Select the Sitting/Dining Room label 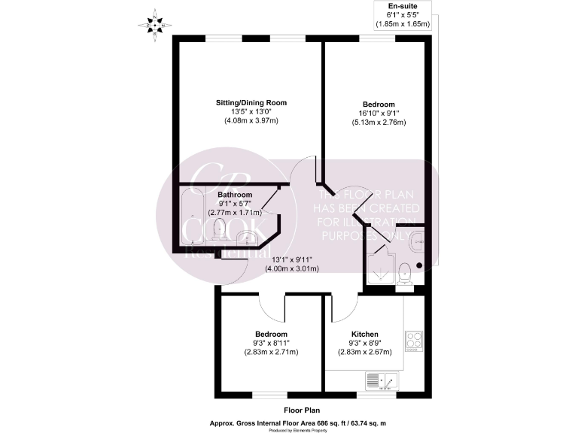251,102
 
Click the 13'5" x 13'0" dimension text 251,111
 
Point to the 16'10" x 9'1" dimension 379,114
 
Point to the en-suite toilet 405,272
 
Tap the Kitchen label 364,334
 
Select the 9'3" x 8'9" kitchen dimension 364,343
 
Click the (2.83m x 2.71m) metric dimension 271,352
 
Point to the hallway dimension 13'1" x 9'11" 288,259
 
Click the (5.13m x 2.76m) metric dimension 379,123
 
